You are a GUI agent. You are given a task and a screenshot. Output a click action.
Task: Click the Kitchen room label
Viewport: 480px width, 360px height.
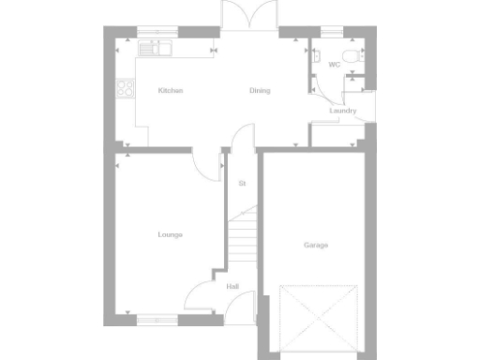(170, 91)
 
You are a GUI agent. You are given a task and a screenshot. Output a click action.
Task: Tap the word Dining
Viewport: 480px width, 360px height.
(260, 91)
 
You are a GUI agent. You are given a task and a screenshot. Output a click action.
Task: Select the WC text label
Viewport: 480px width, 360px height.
(334, 65)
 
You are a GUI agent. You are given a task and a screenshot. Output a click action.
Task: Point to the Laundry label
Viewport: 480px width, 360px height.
(342, 111)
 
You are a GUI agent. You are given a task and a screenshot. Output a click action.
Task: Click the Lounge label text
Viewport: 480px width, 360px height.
(170, 234)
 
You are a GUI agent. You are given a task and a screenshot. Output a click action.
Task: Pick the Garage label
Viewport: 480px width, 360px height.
(316, 245)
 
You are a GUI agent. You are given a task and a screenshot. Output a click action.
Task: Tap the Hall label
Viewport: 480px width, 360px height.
(232, 287)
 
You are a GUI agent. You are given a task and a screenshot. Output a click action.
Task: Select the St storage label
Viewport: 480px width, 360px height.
(242, 184)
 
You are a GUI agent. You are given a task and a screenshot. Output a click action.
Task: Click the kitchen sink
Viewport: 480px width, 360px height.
(151, 45)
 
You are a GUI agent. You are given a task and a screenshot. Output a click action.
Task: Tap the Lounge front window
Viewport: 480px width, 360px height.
(157, 319)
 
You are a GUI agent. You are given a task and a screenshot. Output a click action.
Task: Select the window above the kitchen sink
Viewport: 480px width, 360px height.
(151, 33)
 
